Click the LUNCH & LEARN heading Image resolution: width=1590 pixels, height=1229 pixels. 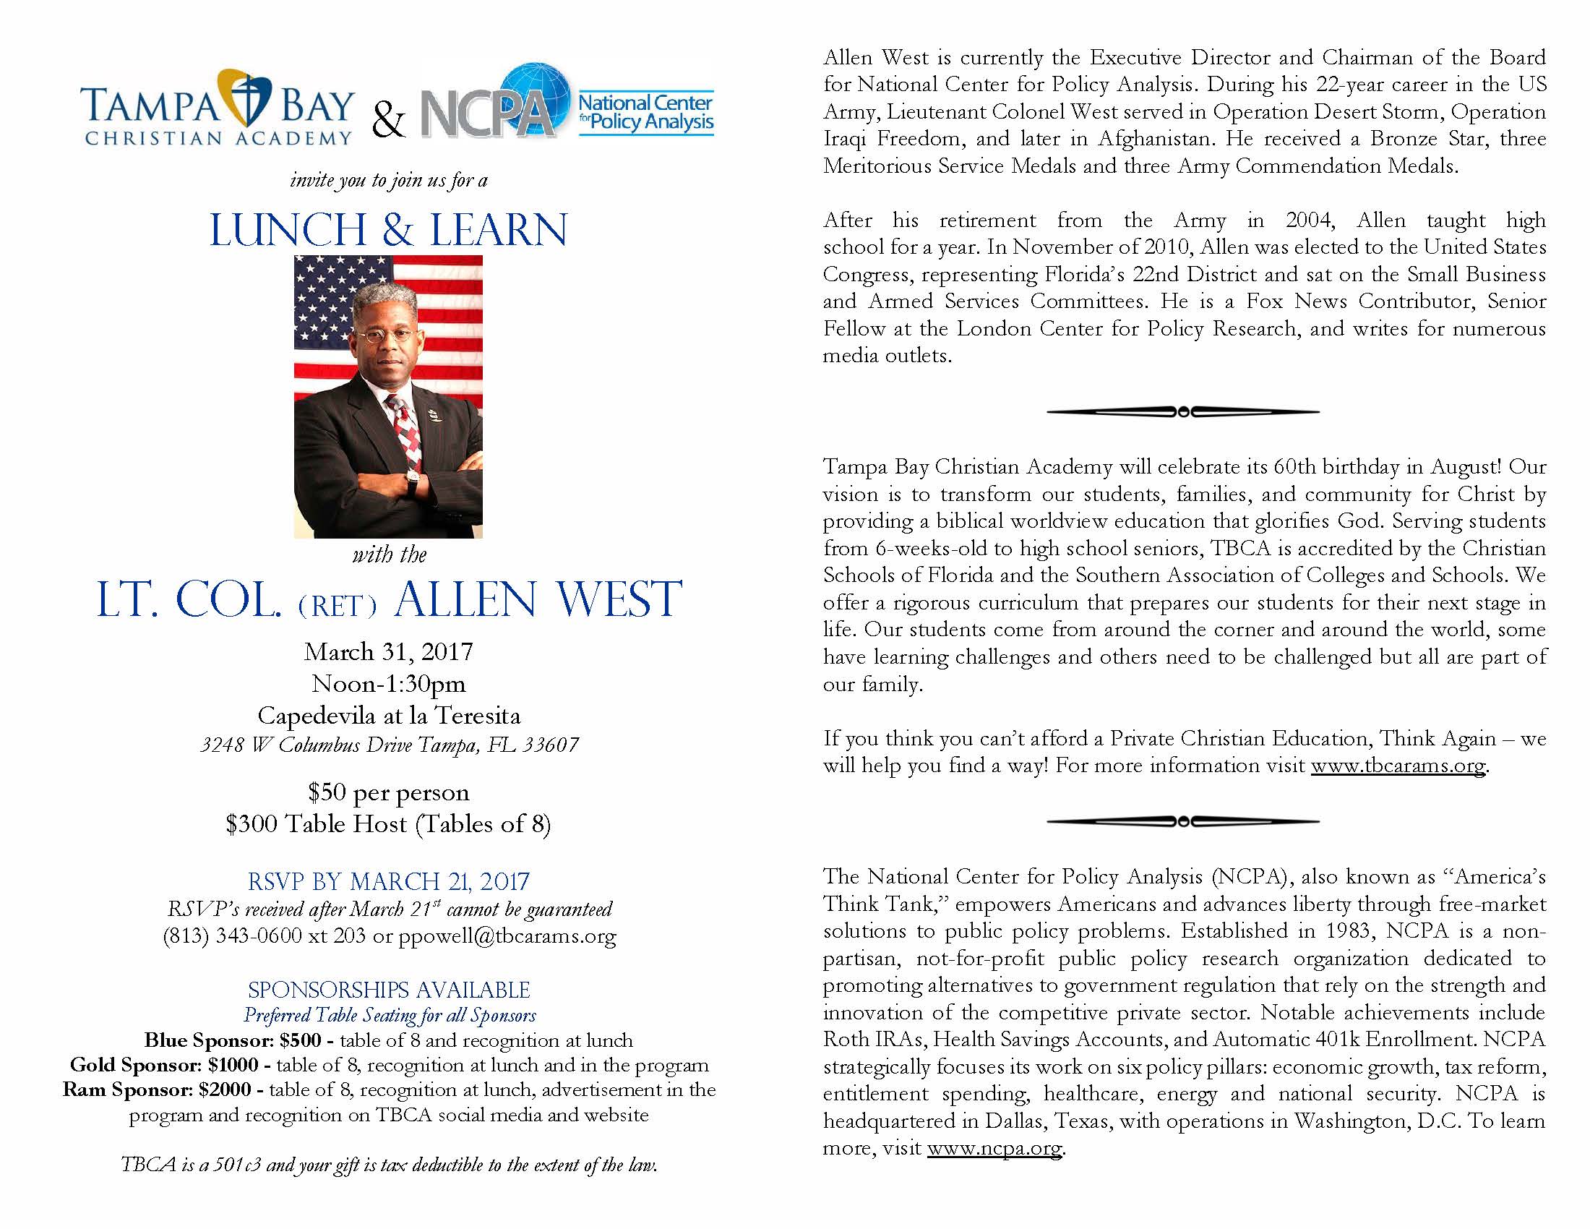click(x=388, y=230)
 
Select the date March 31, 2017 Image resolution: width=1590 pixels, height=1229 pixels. click(x=388, y=651)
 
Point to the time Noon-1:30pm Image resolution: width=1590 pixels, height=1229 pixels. click(x=388, y=684)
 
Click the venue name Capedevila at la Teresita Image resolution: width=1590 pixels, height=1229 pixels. click(x=389, y=716)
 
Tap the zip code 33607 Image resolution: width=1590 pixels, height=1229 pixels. click(x=553, y=745)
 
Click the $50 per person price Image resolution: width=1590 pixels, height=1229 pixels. click(x=388, y=792)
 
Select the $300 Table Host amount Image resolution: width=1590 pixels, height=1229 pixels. click(x=252, y=824)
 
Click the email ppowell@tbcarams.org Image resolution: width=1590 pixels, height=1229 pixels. click(x=507, y=935)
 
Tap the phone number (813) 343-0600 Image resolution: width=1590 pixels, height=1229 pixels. click(x=232, y=935)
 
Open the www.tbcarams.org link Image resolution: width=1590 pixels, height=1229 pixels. click(x=1398, y=766)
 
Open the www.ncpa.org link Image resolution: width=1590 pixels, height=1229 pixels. click(x=994, y=1148)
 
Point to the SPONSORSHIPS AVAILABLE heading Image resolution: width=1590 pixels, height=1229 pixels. click(x=389, y=990)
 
